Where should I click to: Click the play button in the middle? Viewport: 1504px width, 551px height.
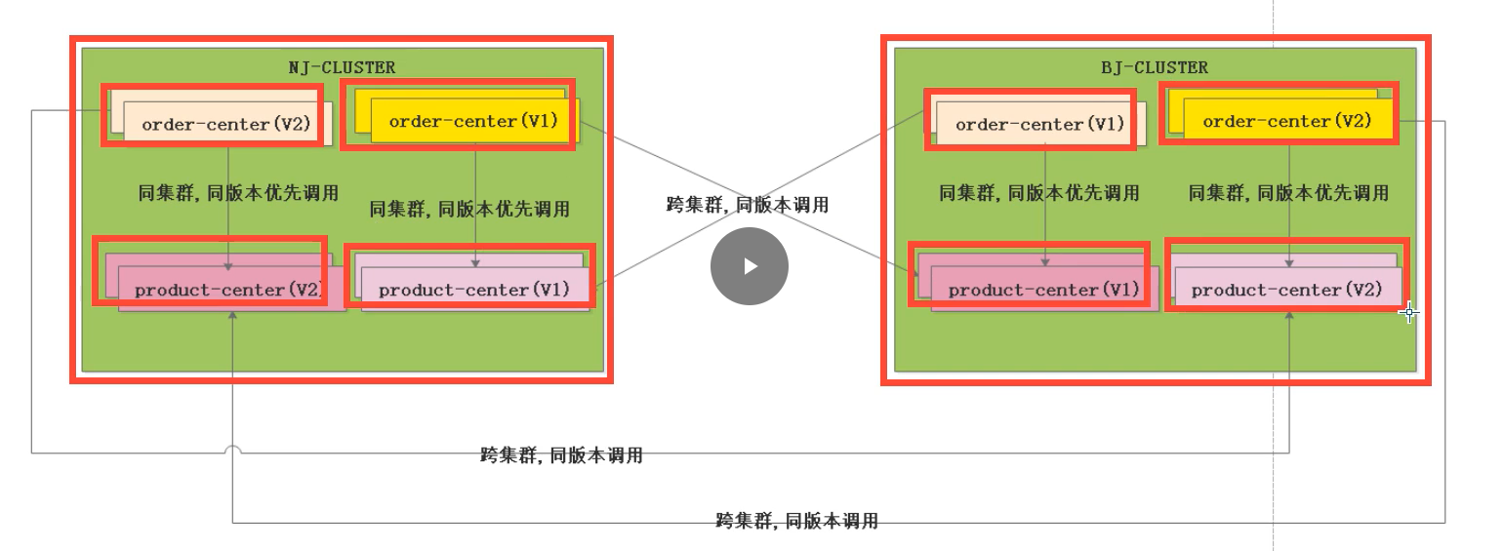(x=750, y=266)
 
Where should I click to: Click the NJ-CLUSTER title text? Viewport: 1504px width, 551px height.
(x=342, y=68)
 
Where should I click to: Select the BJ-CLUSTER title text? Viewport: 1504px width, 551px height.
(x=1155, y=68)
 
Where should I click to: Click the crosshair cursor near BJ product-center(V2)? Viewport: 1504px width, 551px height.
(x=1408, y=312)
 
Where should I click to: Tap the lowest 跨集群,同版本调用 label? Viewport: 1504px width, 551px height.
(x=797, y=521)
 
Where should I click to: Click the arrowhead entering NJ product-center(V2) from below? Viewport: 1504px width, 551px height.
(x=232, y=315)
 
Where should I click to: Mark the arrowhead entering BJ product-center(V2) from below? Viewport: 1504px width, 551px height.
(x=1289, y=315)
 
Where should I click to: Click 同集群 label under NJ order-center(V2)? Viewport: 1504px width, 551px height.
(x=238, y=193)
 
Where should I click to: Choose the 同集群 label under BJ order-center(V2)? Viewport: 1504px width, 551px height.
(x=1288, y=193)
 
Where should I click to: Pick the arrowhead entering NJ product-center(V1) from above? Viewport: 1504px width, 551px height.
(x=475, y=263)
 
